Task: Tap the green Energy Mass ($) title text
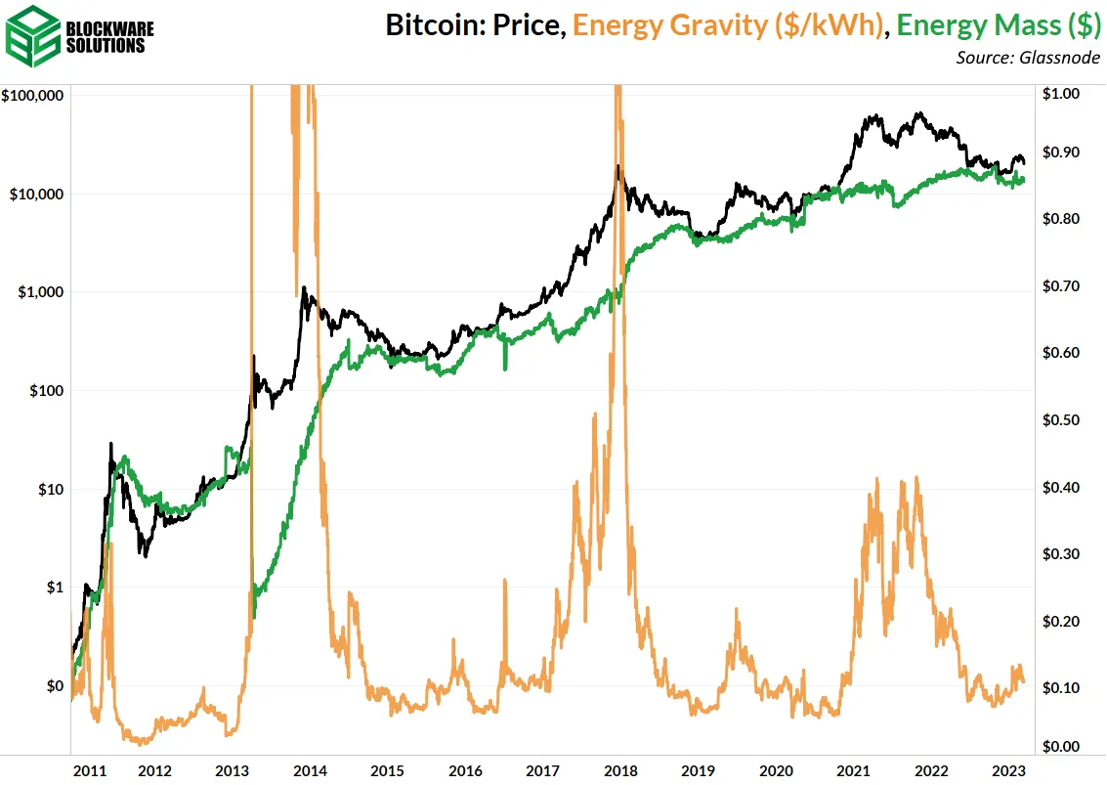999,25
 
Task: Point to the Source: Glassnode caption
1028,59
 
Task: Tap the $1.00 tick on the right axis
1060,94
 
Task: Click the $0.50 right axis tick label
1060,420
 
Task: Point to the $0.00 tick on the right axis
1060,747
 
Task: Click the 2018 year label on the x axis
620,769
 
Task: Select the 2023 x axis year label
1007,769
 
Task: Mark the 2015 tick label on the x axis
388,769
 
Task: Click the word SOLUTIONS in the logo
111,45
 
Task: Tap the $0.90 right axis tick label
1060,153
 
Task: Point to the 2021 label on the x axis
853,769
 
